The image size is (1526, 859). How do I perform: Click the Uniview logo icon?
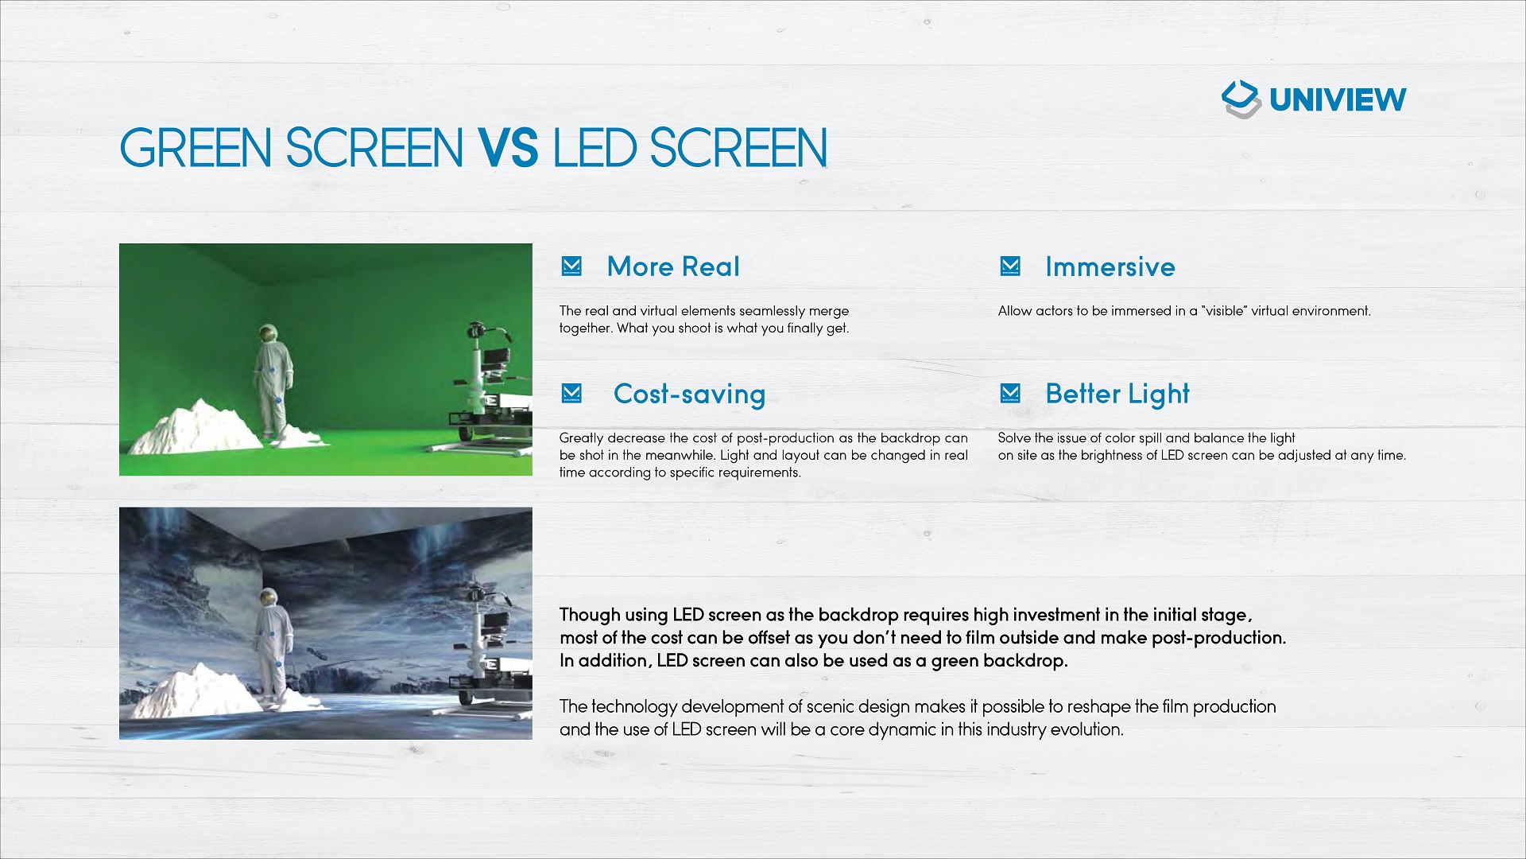coord(1241,99)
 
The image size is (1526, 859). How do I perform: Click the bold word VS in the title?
coord(508,148)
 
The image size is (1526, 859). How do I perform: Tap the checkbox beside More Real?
coord(571,266)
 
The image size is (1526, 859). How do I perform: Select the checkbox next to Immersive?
coord(1010,266)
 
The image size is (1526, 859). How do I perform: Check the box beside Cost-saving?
coord(571,393)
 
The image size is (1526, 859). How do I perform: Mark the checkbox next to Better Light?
coord(1010,393)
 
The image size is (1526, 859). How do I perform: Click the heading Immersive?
coord(1110,266)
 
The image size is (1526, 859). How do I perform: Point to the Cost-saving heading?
coord(689,395)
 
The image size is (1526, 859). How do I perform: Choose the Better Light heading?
coord(1117,395)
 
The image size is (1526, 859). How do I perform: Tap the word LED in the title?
coord(595,148)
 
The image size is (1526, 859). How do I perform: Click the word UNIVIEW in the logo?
coord(1338,100)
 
